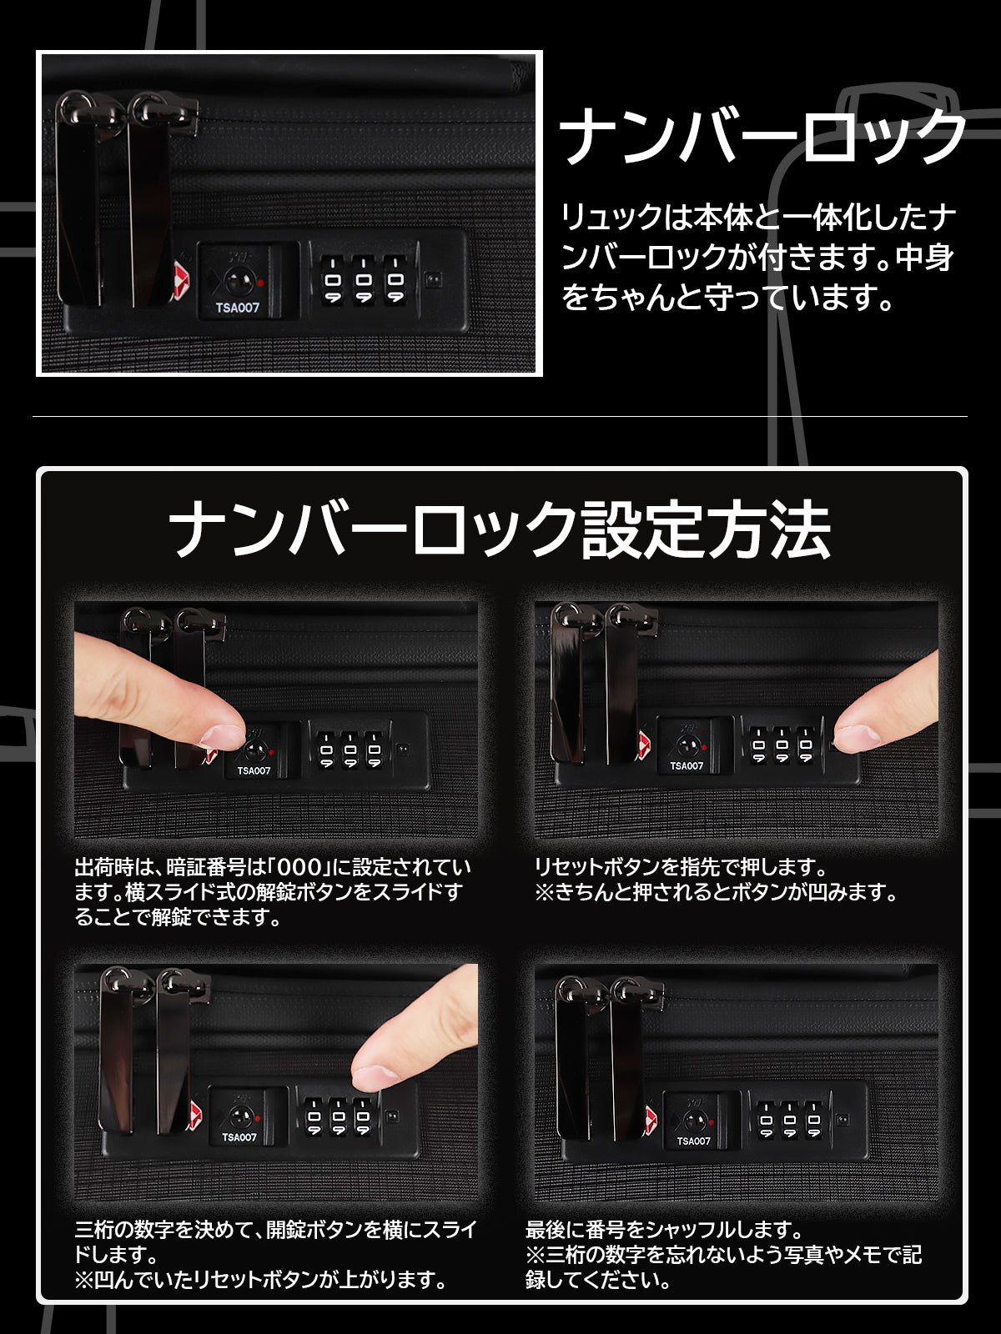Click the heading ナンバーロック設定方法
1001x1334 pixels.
[500, 529]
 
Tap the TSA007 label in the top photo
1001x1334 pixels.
[237, 308]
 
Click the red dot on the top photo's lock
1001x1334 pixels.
[261, 283]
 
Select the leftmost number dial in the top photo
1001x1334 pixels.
[332, 279]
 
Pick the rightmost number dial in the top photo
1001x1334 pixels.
[395, 279]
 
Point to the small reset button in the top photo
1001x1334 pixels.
[433, 279]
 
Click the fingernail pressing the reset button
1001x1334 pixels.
[857, 737]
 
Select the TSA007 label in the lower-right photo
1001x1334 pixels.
[693, 1141]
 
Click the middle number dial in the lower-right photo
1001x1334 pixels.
[789, 1119]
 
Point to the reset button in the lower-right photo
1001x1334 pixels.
[843, 1119]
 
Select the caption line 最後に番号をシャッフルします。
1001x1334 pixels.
[664, 1230]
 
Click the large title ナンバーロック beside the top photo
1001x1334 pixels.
[762, 136]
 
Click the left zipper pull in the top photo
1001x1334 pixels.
[78, 199]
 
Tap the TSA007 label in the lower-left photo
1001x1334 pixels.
[239, 1137]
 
